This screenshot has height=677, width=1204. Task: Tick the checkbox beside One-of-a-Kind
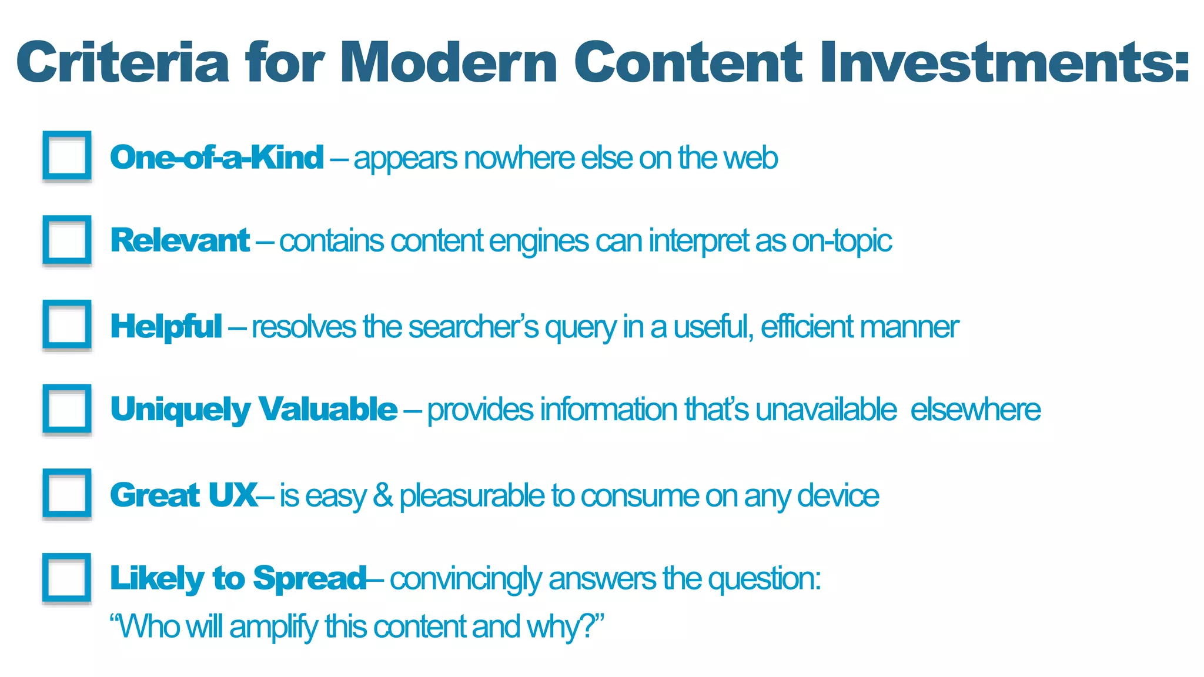67,156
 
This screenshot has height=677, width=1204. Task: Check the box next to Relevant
67,240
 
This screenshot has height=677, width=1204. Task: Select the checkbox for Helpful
67,324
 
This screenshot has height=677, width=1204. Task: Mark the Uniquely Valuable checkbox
67,409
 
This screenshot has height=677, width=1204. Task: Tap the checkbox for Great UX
67,494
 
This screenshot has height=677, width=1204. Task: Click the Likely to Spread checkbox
67,578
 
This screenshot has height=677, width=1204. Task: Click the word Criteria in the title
123,62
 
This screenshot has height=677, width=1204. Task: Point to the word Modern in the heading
448,62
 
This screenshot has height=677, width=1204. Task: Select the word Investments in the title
1004,62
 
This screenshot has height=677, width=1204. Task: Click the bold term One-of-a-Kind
217,157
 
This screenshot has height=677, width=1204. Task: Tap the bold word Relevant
180,241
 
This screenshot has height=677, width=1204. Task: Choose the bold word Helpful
166,327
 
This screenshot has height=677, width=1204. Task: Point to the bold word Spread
310,578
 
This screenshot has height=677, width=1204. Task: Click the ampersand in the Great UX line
383,495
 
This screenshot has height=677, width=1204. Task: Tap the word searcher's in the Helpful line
473,327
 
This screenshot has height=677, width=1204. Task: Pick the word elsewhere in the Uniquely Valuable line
975,410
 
